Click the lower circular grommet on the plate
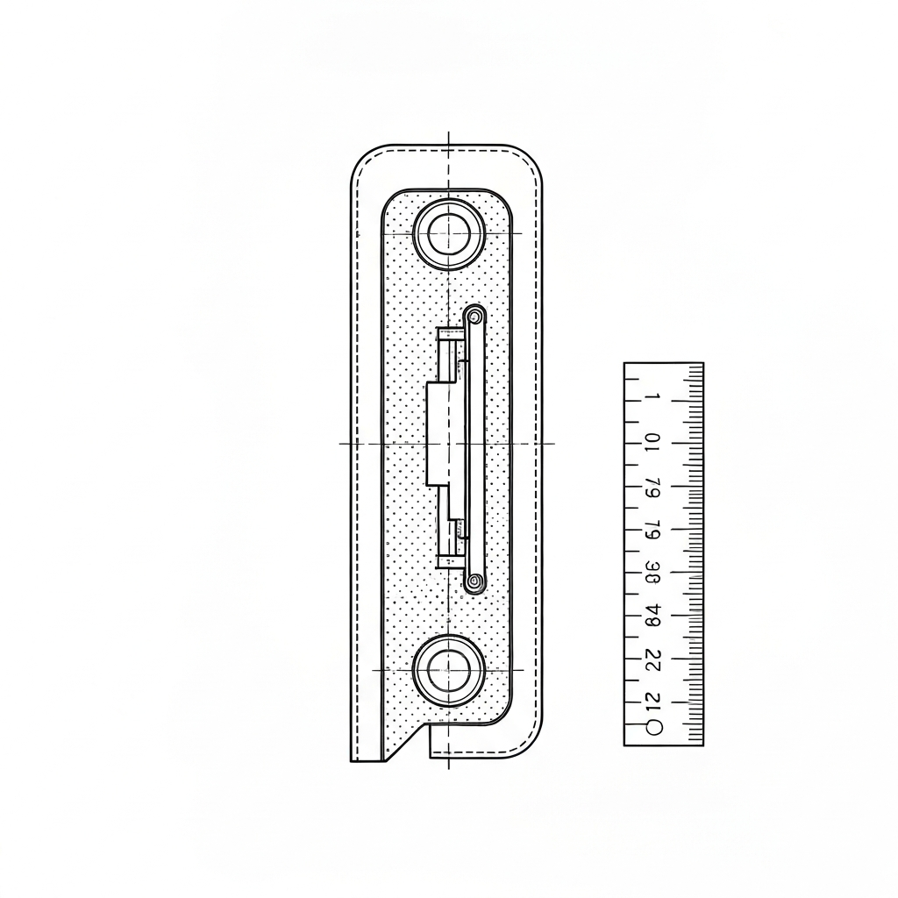[448, 670]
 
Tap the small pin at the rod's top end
[474, 314]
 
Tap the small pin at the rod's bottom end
[474, 581]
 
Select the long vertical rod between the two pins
[474, 447]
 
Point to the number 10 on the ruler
[652, 441]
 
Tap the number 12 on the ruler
[652, 701]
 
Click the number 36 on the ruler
[652, 572]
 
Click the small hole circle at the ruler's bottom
[652, 727]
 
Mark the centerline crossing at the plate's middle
[448, 443]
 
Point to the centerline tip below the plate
[448, 766]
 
